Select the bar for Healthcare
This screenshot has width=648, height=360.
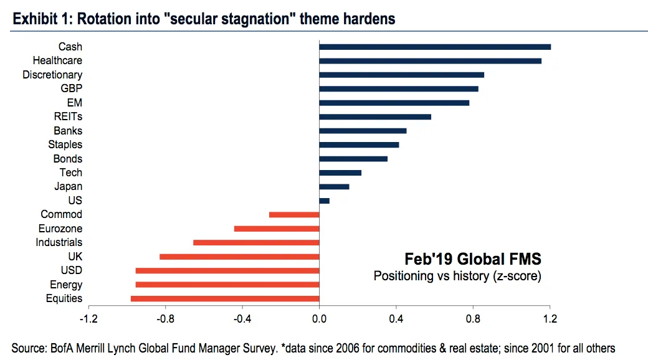(430, 60)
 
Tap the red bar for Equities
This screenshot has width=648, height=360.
(225, 298)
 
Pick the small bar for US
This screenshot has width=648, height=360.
(324, 201)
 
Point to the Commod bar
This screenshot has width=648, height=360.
(294, 214)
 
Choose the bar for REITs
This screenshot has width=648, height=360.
(375, 116)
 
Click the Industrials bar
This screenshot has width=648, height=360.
(256, 242)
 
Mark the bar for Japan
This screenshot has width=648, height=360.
(334, 186)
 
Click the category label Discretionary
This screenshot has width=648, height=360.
(52, 75)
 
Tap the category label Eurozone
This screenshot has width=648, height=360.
(60, 229)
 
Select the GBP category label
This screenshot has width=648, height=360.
(71, 88)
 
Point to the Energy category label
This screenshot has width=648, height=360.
(66, 285)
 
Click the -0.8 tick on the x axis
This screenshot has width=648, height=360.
(165, 320)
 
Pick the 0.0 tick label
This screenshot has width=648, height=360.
(319, 320)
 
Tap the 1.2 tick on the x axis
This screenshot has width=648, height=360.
(550, 320)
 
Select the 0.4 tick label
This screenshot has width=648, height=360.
(396, 320)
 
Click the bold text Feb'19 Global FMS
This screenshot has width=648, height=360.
(472, 258)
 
